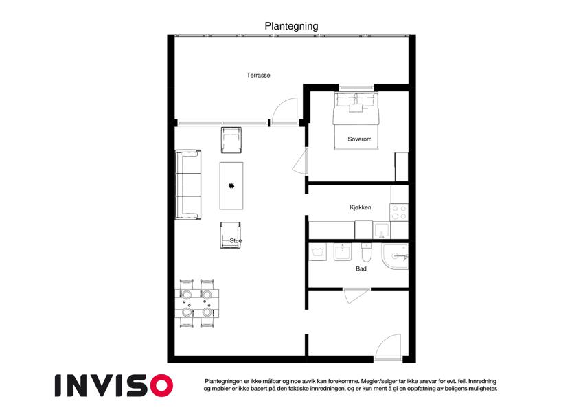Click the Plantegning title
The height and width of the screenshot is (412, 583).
[x=291, y=26]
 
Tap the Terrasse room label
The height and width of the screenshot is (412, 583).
[x=258, y=75]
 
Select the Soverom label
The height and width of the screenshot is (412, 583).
[x=360, y=139]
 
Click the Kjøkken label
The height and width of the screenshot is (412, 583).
[x=361, y=207]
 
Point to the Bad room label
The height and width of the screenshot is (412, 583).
[x=361, y=268]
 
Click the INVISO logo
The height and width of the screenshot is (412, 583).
[x=114, y=385]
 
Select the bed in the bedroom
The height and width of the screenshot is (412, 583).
[x=356, y=121]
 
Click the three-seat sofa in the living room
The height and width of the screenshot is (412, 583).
[x=188, y=185]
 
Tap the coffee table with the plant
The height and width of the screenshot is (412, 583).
[x=231, y=185]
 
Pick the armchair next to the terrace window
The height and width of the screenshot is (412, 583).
[x=231, y=140]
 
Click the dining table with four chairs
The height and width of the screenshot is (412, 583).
[x=197, y=304]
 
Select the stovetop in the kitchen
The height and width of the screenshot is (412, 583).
[x=399, y=212]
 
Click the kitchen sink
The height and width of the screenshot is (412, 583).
[x=382, y=230]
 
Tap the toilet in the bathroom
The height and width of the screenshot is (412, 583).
[x=367, y=253]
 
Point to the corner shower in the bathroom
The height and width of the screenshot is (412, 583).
[x=396, y=256]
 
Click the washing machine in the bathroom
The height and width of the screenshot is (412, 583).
[x=318, y=252]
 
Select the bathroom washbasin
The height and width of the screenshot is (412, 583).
[x=343, y=252]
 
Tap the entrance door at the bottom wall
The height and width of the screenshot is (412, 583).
[x=388, y=347]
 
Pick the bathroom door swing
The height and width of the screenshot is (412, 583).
[x=356, y=296]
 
